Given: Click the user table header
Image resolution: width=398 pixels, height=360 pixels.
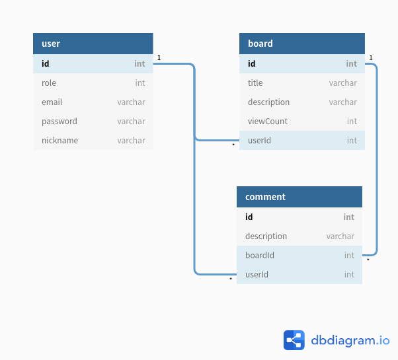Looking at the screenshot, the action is (93, 44).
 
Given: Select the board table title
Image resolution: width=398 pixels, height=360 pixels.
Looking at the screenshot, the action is (260, 44).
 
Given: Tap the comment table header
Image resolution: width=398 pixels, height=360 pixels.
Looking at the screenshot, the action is (299, 197).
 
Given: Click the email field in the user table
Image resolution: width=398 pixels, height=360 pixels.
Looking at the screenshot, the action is (52, 102).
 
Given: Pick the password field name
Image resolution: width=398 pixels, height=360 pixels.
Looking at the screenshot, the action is (60, 122).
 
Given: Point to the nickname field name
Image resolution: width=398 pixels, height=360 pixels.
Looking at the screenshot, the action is (60, 141).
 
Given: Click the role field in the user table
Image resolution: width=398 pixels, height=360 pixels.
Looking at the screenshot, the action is (49, 83).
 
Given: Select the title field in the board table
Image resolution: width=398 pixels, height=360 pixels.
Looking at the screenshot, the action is (255, 83).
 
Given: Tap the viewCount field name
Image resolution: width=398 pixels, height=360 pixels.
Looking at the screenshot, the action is (268, 121).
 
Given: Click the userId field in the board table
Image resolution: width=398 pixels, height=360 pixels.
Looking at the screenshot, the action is (259, 141).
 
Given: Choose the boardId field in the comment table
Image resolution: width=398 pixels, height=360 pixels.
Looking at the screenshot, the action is (260, 255).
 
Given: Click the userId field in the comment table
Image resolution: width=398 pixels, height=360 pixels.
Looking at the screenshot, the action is (257, 275).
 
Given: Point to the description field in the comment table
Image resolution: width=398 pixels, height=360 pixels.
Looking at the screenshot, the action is (266, 236).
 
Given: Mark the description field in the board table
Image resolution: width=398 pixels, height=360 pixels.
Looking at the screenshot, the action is (268, 102).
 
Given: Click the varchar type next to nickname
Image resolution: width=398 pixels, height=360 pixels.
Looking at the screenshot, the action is (131, 141).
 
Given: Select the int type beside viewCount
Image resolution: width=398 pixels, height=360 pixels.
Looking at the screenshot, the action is (352, 121).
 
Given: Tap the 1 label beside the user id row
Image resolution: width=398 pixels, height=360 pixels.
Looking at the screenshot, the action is (159, 58).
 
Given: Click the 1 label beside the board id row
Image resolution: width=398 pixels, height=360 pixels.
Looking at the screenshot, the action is (371, 58).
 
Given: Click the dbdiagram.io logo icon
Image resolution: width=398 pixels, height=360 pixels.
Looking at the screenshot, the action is (294, 340).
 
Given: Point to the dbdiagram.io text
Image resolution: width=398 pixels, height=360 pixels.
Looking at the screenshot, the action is (350, 340).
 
